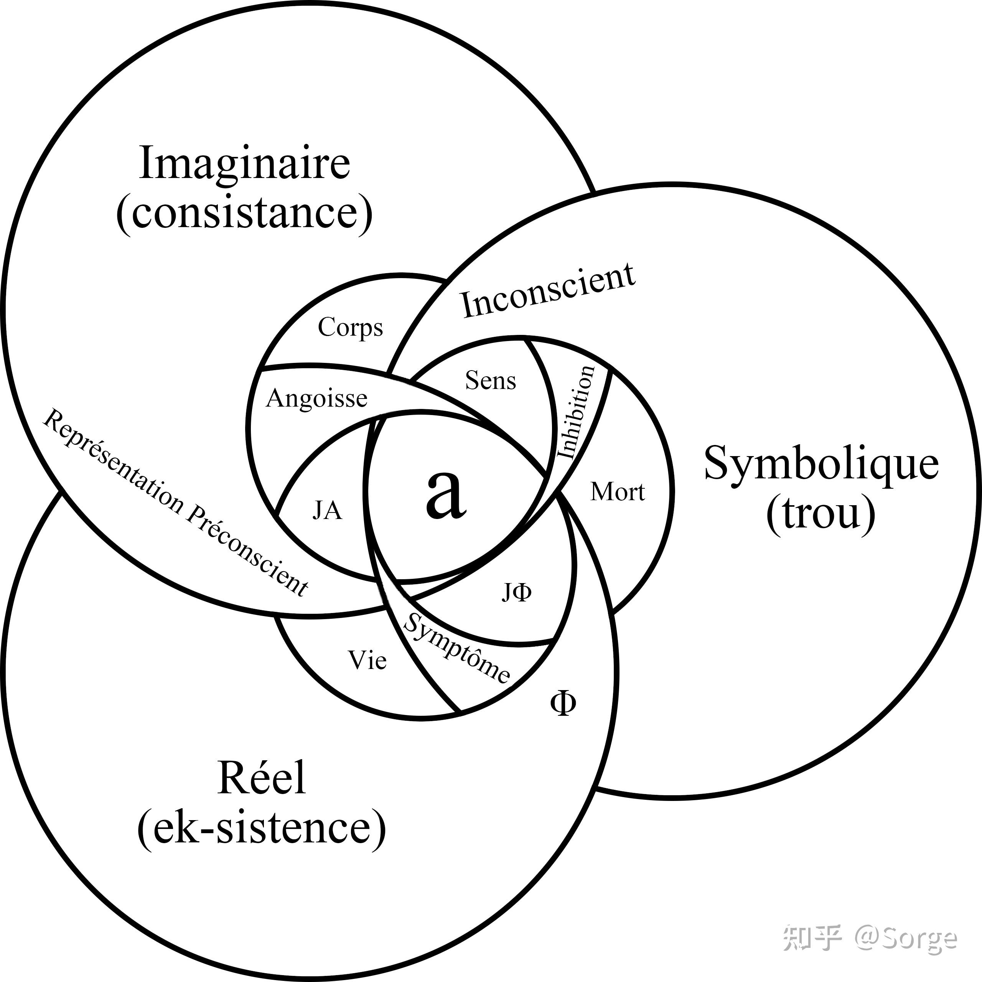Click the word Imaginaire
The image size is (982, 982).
tap(244, 163)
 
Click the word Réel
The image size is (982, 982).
tap(261, 777)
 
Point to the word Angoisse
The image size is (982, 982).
tap(316, 399)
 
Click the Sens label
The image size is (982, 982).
tap(491, 380)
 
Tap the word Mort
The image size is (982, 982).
tap(618, 492)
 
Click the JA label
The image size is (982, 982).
tap(327, 510)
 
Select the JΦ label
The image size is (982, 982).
tap(517, 593)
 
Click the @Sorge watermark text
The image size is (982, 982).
tap(905, 938)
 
